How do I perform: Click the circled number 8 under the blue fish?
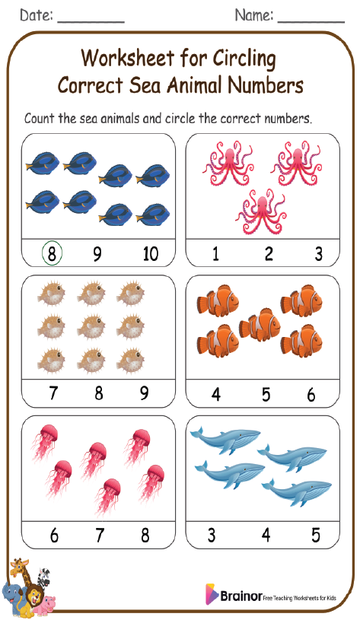click(x=52, y=253)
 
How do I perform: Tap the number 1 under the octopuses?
click(x=215, y=253)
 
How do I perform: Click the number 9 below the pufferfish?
click(x=144, y=393)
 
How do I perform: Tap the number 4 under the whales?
click(x=266, y=535)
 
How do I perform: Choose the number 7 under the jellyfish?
click(x=99, y=535)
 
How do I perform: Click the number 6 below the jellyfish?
click(x=53, y=535)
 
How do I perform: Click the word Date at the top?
click(x=35, y=14)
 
